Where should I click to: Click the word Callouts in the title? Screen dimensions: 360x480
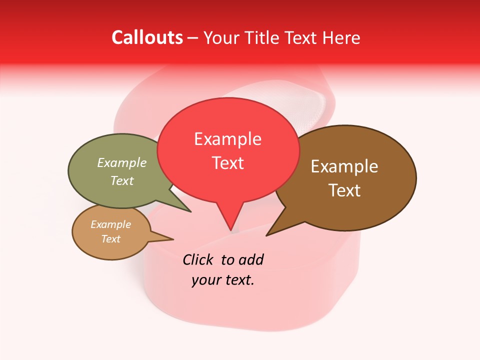[147, 37]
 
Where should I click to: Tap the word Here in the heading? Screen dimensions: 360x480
[342, 37]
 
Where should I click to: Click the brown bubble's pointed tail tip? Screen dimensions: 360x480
[267, 235]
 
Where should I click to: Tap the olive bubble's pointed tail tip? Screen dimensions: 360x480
[190, 211]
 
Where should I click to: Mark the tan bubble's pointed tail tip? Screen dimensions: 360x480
[173, 239]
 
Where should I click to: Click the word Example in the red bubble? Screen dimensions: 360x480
[227, 138]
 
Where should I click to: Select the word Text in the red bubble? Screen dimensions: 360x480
[227, 163]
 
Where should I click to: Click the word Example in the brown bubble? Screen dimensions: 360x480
[344, 166]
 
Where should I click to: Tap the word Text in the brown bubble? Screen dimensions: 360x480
[344, 190]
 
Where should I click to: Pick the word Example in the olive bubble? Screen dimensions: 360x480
[121, 162]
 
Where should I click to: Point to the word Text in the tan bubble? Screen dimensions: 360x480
[110, 239]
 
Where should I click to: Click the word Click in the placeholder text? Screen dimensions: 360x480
[198, 259]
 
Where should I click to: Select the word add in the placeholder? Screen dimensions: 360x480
[250, 259]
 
